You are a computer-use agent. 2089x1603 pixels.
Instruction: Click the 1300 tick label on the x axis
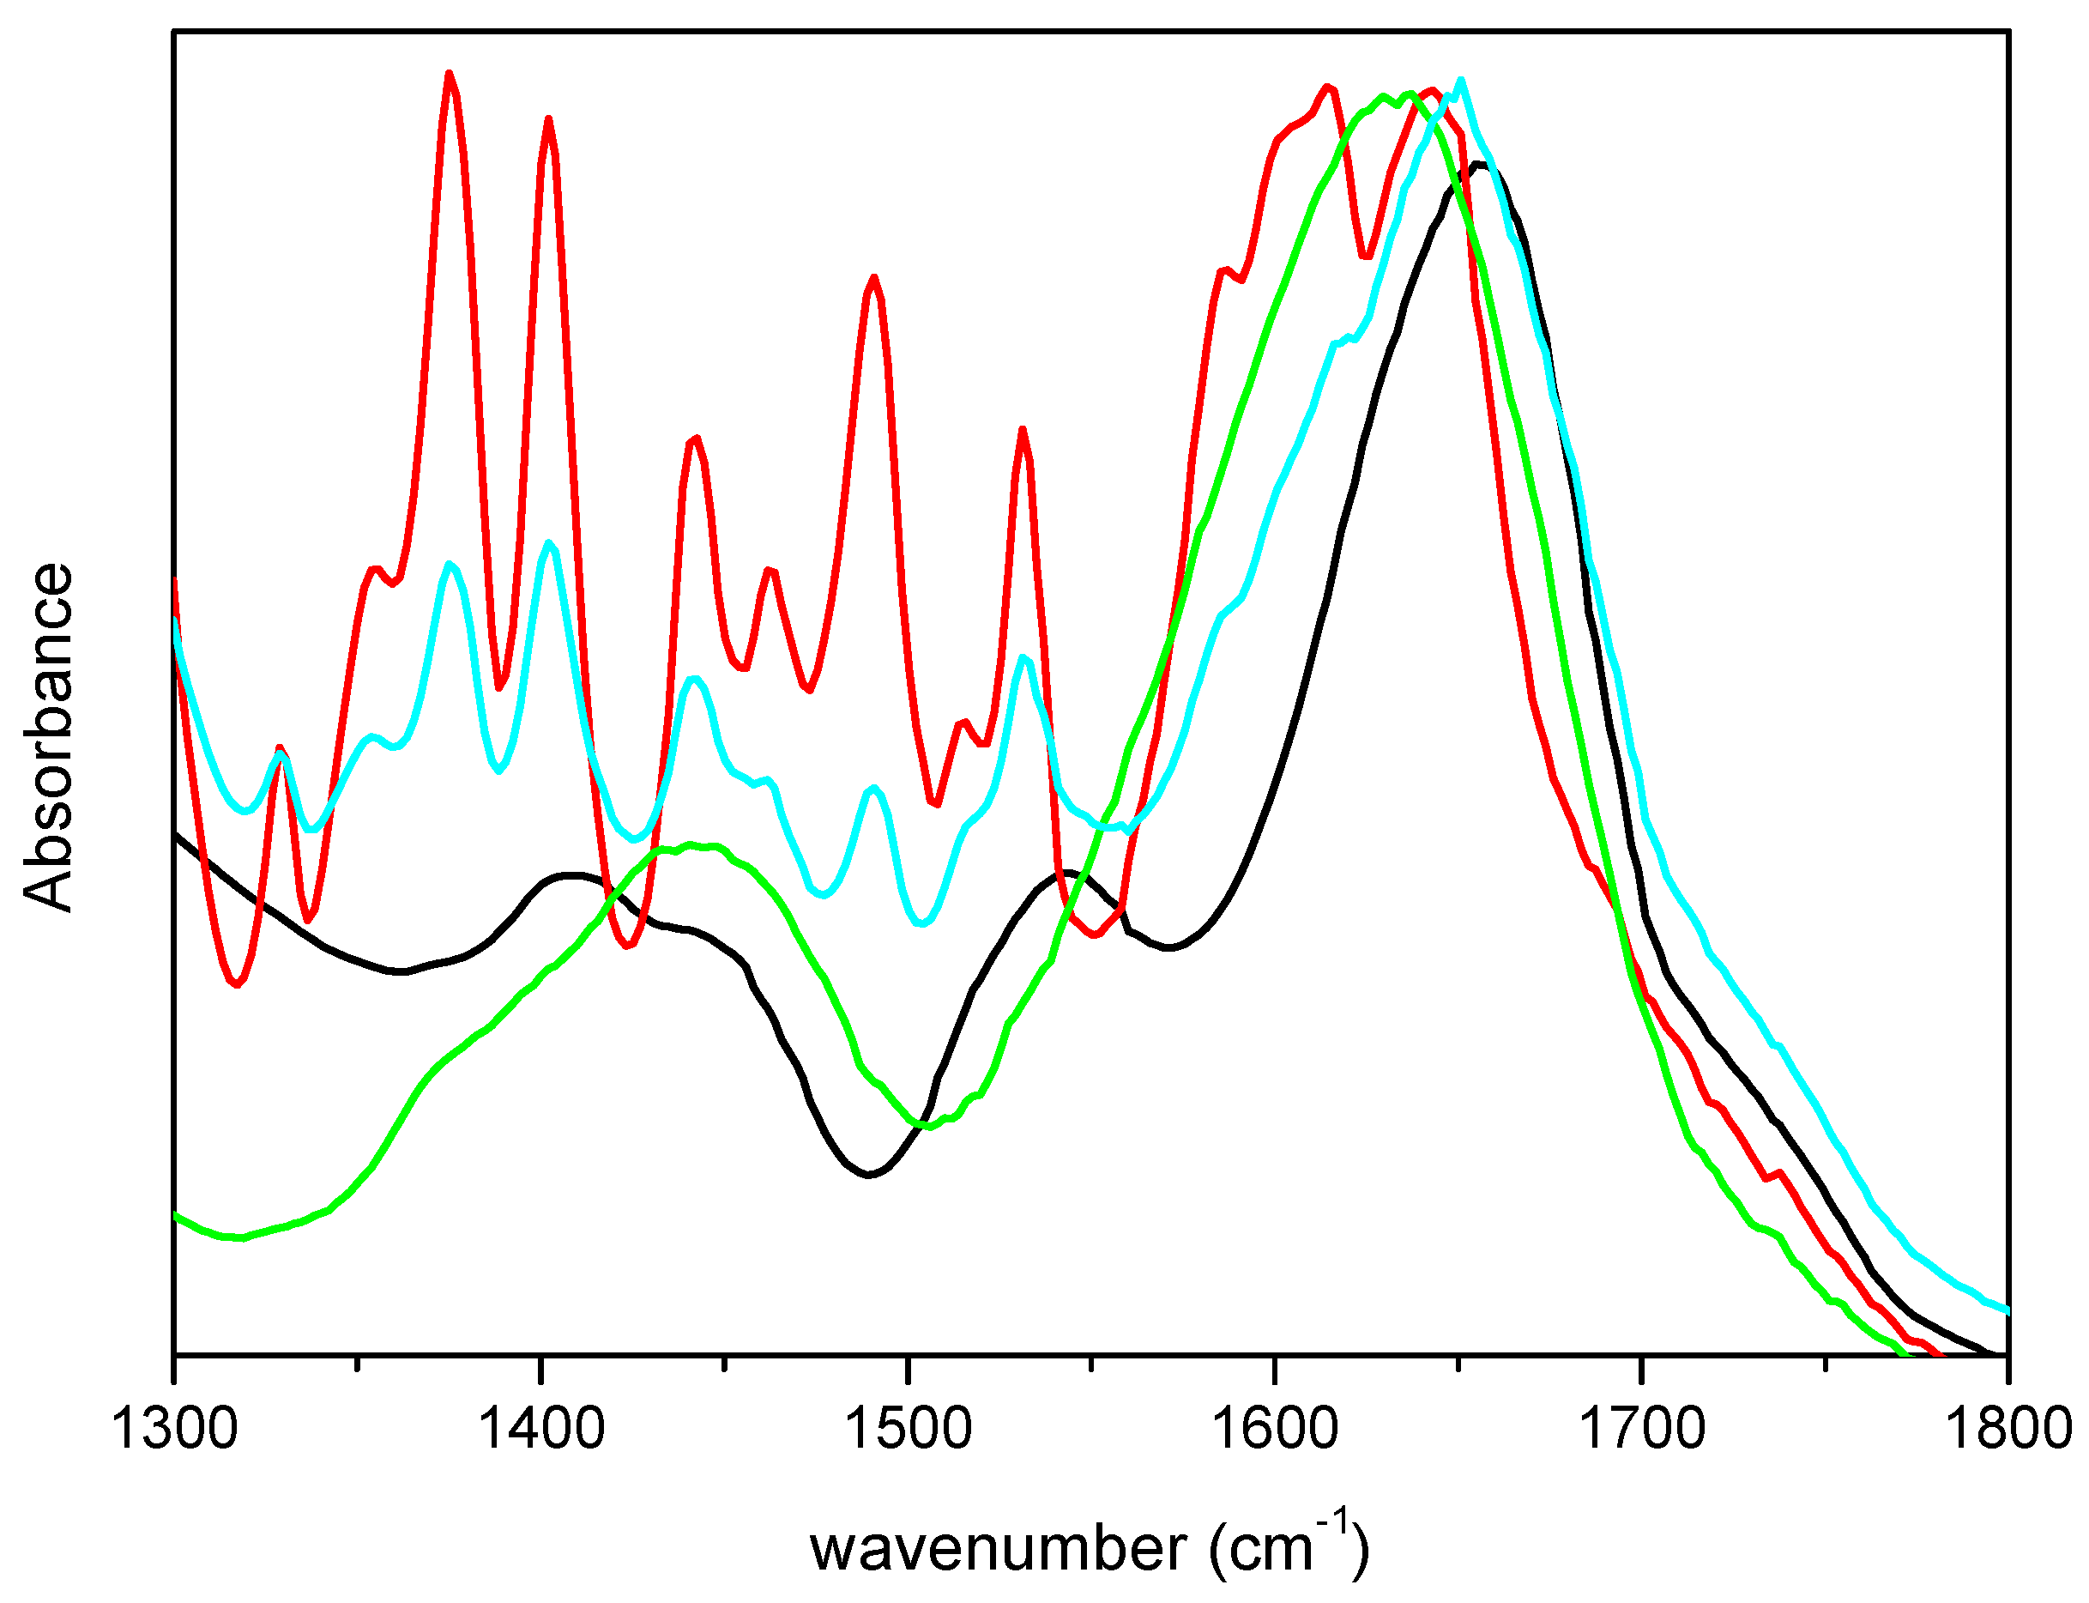pyautogui.click(x=173, y=1430)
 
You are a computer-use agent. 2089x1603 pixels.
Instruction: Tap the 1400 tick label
pyautogui.click(x=540, y=1430)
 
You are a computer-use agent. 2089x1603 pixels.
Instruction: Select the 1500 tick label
pyautogui.click(x=909, y=1430)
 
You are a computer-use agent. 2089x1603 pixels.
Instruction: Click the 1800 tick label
pyautogui.click(x=2007, y=1430)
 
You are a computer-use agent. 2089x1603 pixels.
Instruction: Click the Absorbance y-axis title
pyautogui.click(x=48, y=738)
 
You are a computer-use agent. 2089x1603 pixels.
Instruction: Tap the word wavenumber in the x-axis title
pyautogui.click(x=998, y=1548)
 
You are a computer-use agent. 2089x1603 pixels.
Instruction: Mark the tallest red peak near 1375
pyautogui.click(x=449, y=74)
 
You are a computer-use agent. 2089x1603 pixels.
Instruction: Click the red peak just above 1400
pyautogui.click(x=548, y=119)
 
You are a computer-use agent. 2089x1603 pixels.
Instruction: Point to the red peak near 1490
pyautogui.click(x=873, y=278)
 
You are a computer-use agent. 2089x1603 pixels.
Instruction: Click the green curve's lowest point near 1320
pyautogui.click(x=238, y=1238)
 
